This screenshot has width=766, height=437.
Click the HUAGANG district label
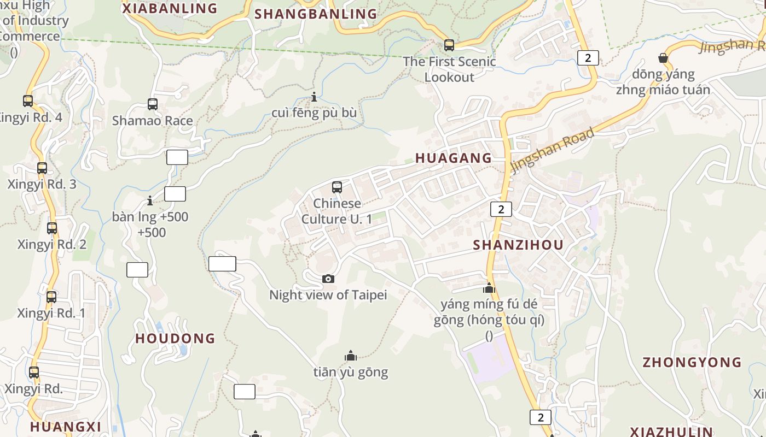click(454, 158)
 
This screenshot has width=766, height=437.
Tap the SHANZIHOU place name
click(518, 245)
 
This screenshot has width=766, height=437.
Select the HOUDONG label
click(175, 339)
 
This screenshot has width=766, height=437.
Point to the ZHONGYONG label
click(692, 363)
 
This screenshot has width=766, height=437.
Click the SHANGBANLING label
click(316, 14)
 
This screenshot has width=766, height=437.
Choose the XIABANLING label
click(170, 9)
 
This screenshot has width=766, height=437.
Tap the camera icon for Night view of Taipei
click(328, 279)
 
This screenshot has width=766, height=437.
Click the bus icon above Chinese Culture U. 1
click(337, 187)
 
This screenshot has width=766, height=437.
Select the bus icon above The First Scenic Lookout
click(449, 45)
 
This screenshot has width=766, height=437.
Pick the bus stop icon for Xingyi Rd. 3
click(42, 168)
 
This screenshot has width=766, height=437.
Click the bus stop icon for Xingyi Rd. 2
click(52, 228)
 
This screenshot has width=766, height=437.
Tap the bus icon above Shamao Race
click(153, 104)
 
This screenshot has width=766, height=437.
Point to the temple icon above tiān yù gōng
click(351, 356)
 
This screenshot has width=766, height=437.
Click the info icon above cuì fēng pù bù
click(314, 97)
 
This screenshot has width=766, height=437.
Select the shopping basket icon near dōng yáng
click(663, 58)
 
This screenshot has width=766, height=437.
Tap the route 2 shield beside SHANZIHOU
click(501, 209)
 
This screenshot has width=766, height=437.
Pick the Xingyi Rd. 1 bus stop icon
click(51, 297)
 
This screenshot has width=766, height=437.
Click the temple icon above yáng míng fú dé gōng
click(489, 288)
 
